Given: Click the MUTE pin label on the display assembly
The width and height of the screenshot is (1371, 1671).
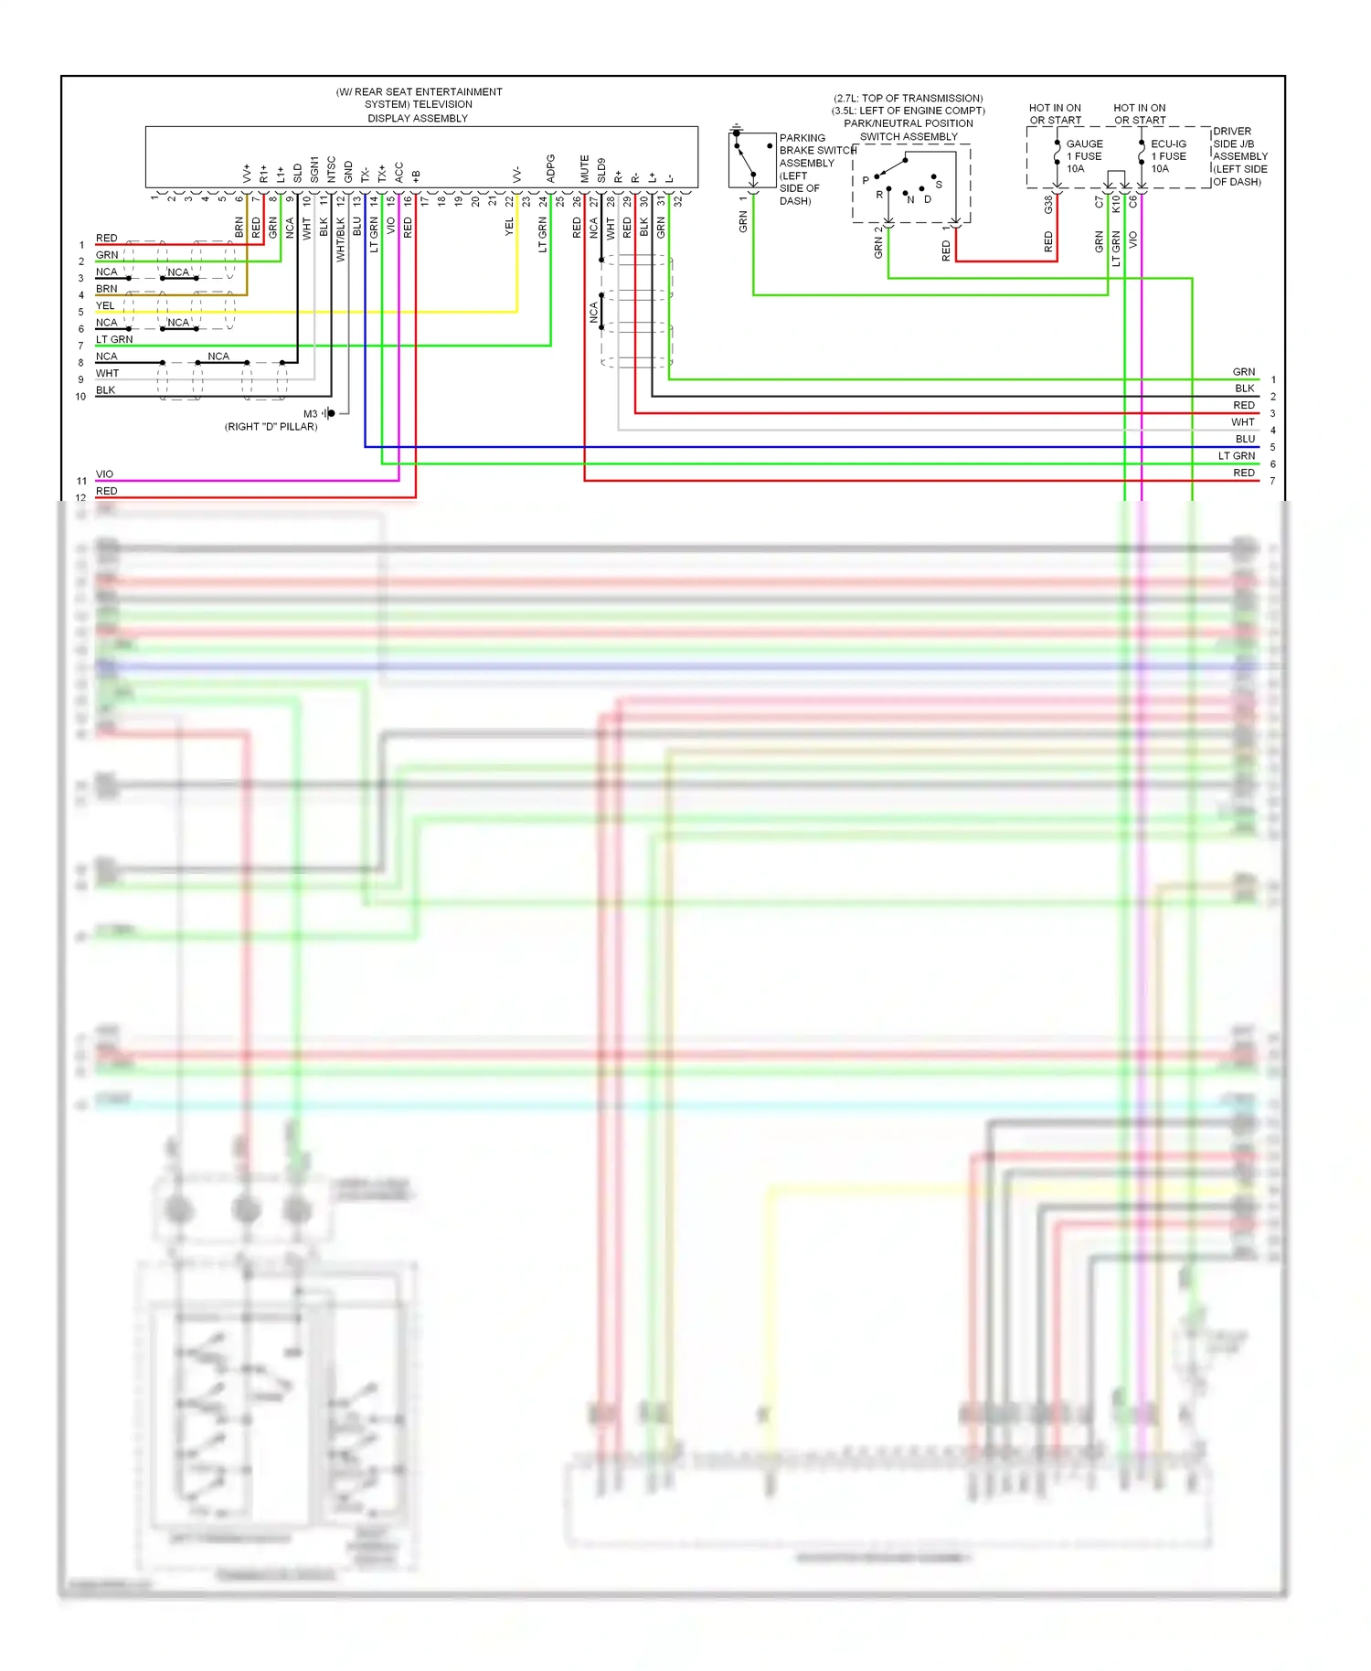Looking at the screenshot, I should (584, 168).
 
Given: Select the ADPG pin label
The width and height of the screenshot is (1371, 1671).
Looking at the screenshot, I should (550, 168).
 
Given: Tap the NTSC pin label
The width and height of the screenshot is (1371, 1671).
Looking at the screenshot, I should (331, 168).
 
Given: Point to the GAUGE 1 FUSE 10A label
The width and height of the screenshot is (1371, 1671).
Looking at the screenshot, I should (1084, 156).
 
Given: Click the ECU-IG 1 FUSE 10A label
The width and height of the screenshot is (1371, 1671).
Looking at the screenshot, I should (1168, 156).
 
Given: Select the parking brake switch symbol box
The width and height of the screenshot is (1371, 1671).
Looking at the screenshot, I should (751, 160).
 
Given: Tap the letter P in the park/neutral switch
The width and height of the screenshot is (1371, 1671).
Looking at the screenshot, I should (866, 181).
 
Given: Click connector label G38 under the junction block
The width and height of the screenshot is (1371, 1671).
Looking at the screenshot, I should (1048, 206).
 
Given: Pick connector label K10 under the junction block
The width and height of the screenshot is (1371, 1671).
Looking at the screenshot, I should (1116, 205).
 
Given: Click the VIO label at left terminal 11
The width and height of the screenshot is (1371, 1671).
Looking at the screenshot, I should (104, 474).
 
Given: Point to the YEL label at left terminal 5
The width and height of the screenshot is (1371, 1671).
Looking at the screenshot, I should (105, 305).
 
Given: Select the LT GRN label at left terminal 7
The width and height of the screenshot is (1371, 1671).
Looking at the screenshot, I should (114, 339).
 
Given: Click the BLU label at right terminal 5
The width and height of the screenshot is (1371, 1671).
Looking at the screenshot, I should (1245, 439).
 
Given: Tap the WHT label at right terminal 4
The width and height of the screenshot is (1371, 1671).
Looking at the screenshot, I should (1242, 422).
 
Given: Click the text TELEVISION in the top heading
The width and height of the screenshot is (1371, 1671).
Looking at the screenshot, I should (443, 104).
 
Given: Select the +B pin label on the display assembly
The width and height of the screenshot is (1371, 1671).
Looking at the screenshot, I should (416, 175).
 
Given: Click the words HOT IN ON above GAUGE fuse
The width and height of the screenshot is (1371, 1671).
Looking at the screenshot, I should (1055, 108).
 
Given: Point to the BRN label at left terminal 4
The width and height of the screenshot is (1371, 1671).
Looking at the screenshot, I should (106, 289).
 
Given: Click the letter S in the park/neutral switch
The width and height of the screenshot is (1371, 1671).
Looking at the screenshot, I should (939, 185).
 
